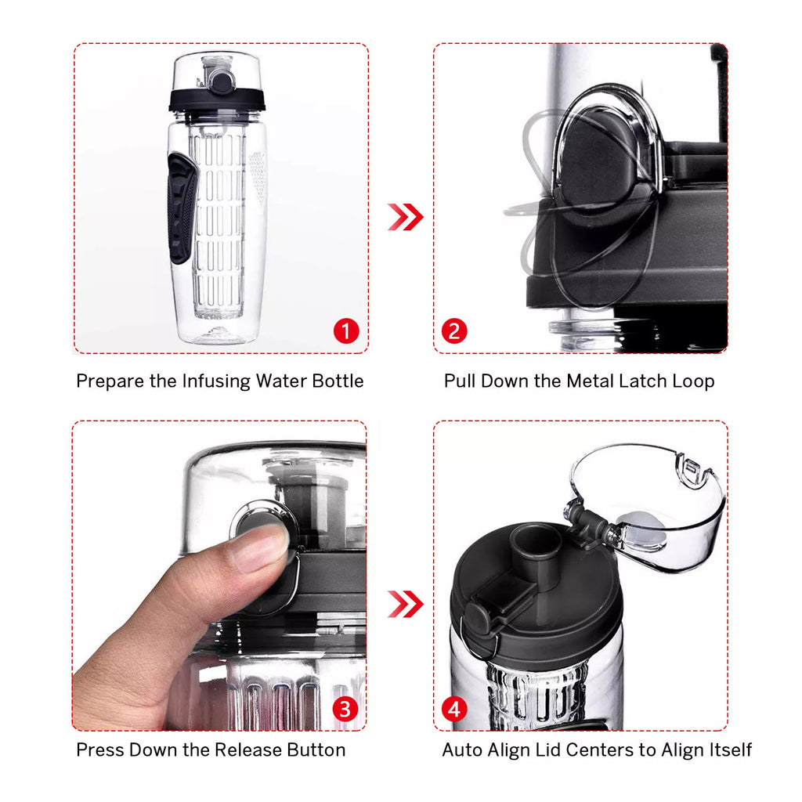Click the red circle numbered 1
[345, 331]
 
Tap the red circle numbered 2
[453, 331]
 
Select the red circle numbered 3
[345, 710]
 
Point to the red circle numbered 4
[453, 710]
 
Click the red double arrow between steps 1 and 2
[405, 217]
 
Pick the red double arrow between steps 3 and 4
[405, 604]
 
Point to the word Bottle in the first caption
[338, 381]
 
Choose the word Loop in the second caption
[693, 381]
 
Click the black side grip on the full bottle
[182, 207]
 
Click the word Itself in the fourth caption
[728, 750]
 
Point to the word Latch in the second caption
[643, 381]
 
